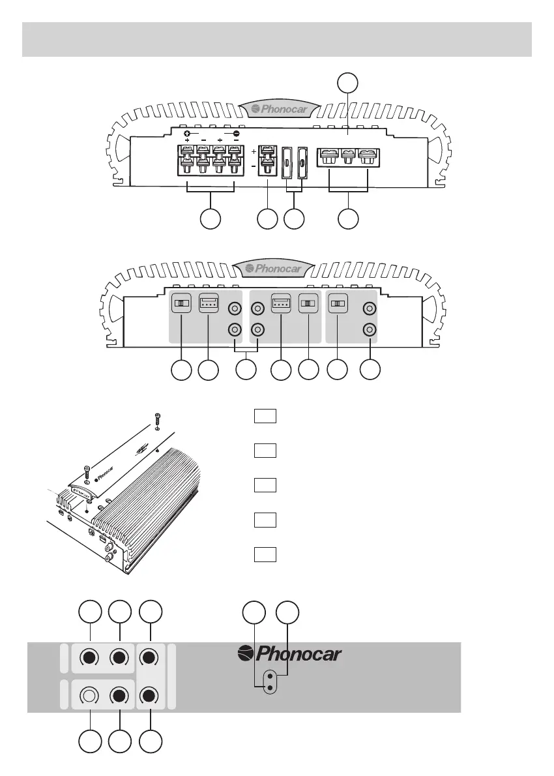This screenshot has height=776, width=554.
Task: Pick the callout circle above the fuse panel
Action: click(348, 83)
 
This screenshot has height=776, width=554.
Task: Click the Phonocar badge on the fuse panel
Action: click(278, 109)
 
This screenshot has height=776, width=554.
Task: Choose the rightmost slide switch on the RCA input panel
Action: click(337, 305)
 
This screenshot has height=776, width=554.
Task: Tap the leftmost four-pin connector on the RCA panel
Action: click(209, 304)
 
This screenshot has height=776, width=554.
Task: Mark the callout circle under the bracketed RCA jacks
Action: click(245, 370)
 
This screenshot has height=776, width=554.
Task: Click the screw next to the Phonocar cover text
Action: click(86, 472)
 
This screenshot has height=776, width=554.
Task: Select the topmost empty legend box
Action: click(266, 415)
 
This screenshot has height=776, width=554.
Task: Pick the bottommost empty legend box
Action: click(266, 555)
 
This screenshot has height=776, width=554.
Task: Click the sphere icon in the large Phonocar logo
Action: click(245, 653)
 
